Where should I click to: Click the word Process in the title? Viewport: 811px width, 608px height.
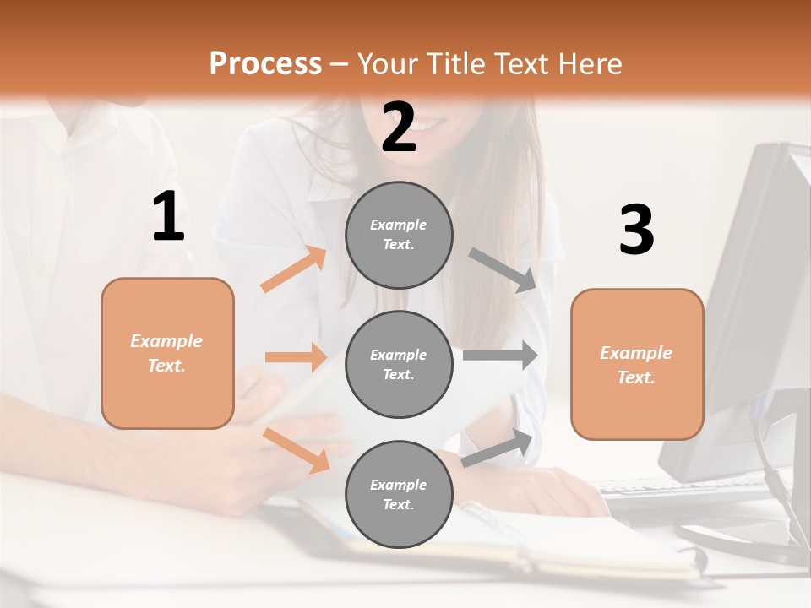tap(265, 63)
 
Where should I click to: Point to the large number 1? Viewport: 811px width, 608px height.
tap(168, 217)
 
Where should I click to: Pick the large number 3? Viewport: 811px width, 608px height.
tap(636, 231)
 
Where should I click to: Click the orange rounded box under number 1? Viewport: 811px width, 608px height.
tap(167, 353)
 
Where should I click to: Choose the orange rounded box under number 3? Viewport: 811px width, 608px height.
tap(637, 364)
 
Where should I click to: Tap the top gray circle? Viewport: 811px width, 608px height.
tap(399, 235)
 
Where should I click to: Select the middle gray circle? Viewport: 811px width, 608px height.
tap(399, 364)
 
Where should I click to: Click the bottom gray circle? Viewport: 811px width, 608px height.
tap(399, 494)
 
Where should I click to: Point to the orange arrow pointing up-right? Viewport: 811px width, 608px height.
tap(293, 269)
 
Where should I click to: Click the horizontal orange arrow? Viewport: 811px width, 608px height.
tap(296, 357)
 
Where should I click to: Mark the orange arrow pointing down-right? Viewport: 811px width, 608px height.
tap(296, 449)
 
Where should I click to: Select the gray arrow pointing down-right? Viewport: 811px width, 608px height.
tap(503, 270)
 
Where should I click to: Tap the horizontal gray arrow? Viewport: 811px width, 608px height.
tap(499, 355)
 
